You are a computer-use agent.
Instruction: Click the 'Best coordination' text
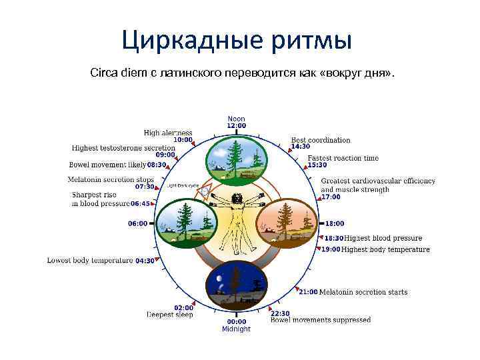pos(321,140)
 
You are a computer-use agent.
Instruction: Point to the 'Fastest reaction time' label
pos(343,158)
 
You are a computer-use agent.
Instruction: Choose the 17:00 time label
pos(331,197)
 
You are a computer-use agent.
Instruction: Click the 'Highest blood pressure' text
pos(383,238)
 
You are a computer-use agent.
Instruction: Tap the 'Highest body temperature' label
pos(385,249)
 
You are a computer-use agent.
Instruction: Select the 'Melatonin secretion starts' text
pos(363,292)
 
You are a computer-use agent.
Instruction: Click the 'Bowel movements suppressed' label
pos(321,320)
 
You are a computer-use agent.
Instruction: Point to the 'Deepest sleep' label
pos(170,315)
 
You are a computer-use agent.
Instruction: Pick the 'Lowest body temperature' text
pos(90,260)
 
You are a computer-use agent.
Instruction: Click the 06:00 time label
pos(138,224)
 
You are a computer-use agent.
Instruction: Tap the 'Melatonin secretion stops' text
pos(111,179)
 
